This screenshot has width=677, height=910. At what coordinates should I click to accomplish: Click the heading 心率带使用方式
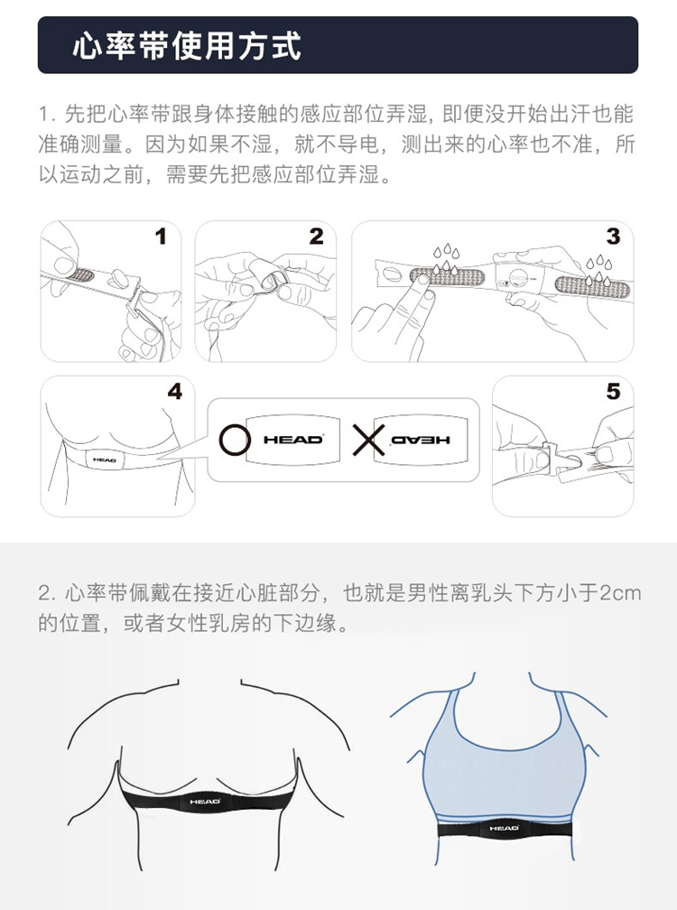click(x=187, y=45)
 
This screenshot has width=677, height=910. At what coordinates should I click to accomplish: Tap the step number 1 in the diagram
click(x=161, y=237)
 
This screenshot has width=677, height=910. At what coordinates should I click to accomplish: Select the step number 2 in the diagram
click(x=316, y=237)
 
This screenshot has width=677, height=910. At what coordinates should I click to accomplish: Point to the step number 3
click(x=613, y=237)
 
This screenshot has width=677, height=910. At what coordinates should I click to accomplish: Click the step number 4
click(x=174, y=392)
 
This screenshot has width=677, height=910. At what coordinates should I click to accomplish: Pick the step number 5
click(x=613, y=392)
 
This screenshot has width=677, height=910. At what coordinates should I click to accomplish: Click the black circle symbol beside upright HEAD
click(x=235, y=440)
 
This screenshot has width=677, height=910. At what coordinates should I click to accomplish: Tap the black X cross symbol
click(x=368, y=440)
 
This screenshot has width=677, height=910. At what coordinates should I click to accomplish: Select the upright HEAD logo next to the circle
click(x=293, y=440)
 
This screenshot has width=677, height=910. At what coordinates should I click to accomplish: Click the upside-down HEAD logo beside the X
click(x=421, y=440)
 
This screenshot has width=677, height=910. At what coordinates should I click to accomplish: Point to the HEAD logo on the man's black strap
click(x=205, y=802)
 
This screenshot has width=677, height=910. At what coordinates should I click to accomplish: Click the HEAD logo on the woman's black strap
click(x=504, y=828)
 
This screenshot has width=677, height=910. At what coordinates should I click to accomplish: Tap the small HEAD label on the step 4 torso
click(x=105, y=460)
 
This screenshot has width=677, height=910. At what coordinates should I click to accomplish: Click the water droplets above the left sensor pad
click(x=446, y=257)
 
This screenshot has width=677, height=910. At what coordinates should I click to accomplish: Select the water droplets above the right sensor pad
click(x=597, y=270)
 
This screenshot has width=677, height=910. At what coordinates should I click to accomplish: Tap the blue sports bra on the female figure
click(x=503, y=755)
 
